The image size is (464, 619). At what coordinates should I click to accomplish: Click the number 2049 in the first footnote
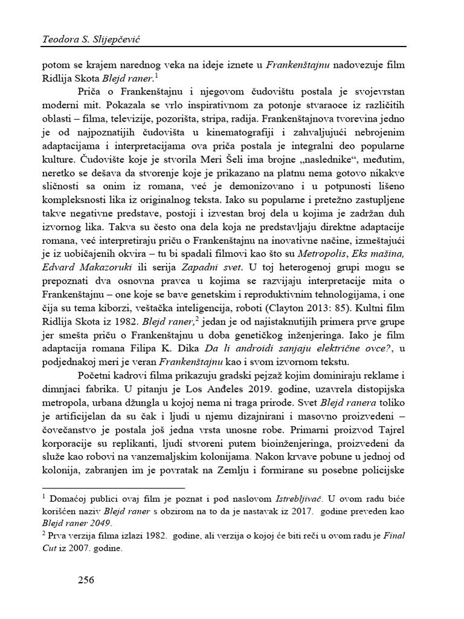[98, 523]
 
